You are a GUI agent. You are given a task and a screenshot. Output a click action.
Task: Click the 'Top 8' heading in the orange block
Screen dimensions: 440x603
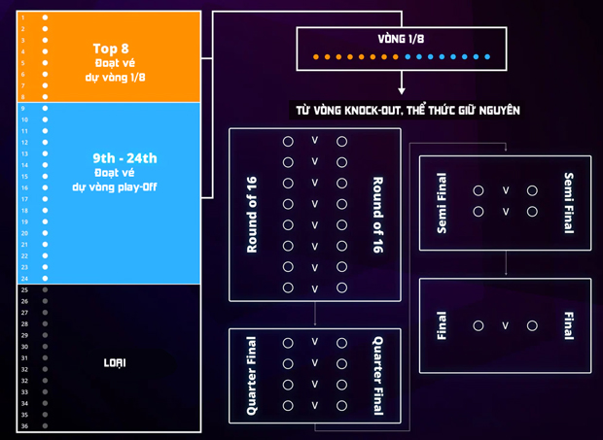(x=112, y=47)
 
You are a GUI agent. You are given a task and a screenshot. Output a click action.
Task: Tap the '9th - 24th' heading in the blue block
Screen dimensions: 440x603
(x=124, y=158)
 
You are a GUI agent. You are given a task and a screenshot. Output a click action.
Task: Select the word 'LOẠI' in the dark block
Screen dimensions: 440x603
(x=115, y=363)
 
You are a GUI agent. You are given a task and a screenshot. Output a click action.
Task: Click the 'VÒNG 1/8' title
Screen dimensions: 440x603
(x=401, y=39)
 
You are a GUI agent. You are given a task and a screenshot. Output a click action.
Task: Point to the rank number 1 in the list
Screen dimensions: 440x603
(x=23, y=17)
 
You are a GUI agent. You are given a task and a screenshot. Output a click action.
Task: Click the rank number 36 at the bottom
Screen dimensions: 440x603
(x=24, y=426)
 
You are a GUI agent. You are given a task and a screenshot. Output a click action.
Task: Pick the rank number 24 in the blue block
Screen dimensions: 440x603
(x=24, y=279)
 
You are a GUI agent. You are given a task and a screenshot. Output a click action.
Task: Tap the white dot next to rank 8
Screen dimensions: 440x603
(x=45, y=97)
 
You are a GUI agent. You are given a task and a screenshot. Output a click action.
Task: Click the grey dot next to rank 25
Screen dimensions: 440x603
(x=45, y=290)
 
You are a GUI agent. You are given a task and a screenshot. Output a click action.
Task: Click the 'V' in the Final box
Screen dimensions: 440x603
(x=506, y=326)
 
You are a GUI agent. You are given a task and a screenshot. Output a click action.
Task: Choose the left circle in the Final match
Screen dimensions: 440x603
(x=479, y=326)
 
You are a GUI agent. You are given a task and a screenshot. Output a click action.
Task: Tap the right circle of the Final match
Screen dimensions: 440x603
(x=532, y=326)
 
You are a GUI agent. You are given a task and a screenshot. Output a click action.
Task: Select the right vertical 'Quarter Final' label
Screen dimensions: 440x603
(x=377, y=376)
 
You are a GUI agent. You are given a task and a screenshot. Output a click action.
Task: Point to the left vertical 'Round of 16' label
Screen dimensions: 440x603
(x=253, y=216)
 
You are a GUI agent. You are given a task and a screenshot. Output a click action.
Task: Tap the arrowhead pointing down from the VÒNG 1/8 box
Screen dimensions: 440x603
(x=402, y=90)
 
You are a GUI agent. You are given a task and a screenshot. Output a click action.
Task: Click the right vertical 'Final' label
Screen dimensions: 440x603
(x=568, y=325)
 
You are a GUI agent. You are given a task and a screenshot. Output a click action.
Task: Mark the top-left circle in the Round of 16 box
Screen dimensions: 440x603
(x=288, y=142)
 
